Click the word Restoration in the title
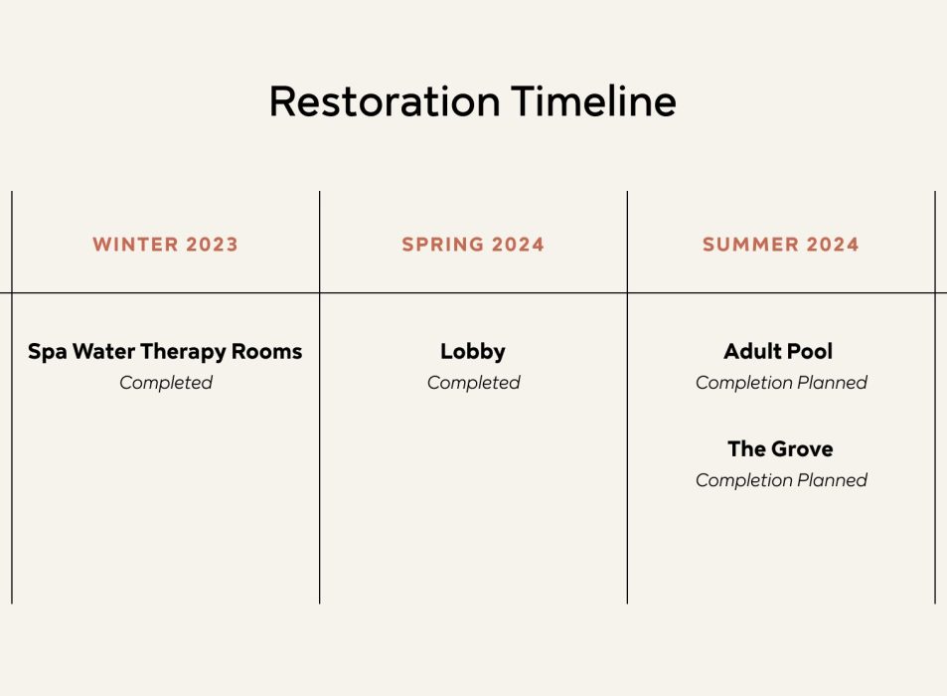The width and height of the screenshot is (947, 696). click(385, 100)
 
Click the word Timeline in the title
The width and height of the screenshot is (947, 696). click(593, 100)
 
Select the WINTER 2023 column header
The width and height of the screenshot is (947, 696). click(166, 244)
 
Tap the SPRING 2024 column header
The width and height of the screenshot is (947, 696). click(473, 244)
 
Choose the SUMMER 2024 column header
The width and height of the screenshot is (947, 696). click(780, 244)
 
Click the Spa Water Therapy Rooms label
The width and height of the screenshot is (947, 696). click(165, 352)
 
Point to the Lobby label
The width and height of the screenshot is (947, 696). click(473, 352)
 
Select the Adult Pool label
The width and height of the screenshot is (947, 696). click(778, 351)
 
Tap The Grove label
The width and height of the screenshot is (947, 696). click(780, 448)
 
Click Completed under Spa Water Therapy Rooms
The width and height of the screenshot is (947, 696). click(166, 383)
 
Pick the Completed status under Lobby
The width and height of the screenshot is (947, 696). click(473, 383)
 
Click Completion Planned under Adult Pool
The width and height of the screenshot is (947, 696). click(781, 383)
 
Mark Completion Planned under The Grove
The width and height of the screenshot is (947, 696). click(781, 480)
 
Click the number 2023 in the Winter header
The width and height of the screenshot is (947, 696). click(212, 244)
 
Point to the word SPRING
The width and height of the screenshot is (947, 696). click(443, 244)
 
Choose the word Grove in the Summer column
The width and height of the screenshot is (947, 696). click(800, 448)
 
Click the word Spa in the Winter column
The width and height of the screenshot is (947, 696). click(47, 352)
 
